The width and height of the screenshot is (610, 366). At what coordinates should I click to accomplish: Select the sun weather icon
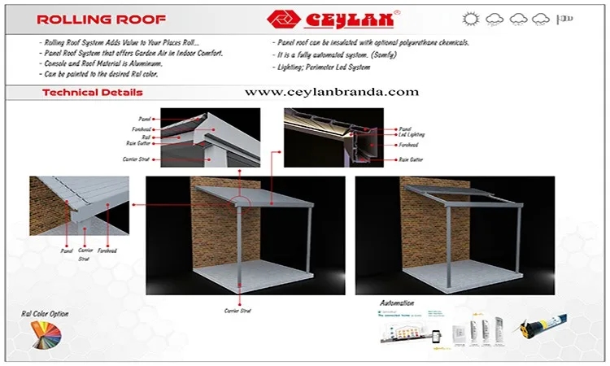(x=470, y=18)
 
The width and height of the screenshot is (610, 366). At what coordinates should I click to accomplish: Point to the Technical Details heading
(x=92, y=93)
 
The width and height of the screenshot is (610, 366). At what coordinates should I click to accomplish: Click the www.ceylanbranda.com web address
(x=331, y=92)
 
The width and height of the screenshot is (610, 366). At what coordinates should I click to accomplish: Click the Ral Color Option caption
(x=45, y=314)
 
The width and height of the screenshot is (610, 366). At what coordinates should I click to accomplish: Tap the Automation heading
(x=397, y=303)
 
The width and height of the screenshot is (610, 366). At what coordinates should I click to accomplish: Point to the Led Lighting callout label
(x=412, y=135)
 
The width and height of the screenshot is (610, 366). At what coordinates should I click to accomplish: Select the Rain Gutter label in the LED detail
(x=411, y=159)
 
